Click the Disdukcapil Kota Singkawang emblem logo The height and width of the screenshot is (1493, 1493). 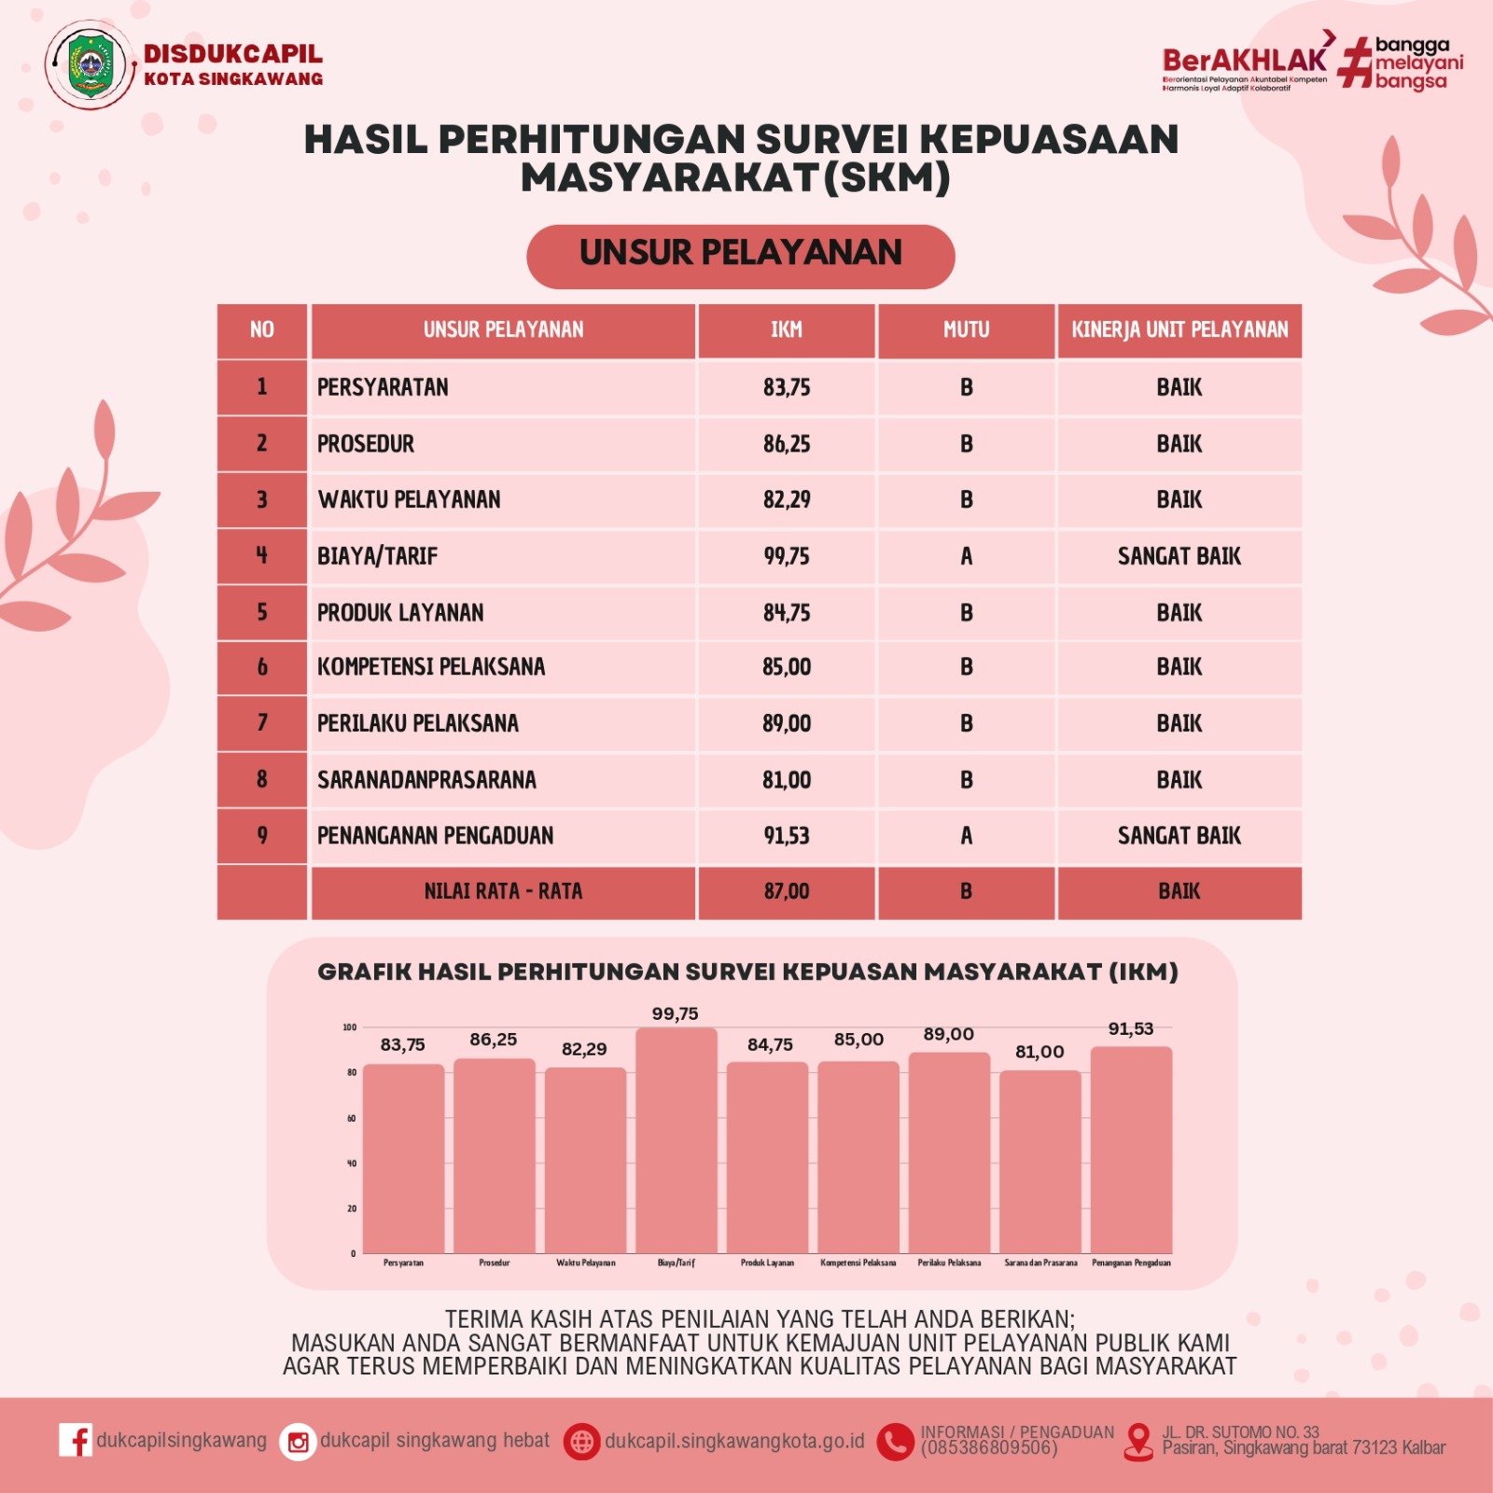click(x=91, y=65)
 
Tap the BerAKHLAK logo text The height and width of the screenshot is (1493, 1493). click(x=1244, y=60)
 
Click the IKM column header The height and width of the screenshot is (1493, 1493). click(x=786, y=330)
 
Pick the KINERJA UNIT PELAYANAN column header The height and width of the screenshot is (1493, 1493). click(x=1179, y=330)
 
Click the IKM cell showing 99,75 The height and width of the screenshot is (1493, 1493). click(x=786, y=556)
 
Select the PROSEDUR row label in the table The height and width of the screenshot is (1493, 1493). click(x=366, y=444)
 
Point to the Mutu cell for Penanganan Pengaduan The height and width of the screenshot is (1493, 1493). click(x=966, y=836)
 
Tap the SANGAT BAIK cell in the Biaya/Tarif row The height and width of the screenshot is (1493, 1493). click(x=1179, y=556)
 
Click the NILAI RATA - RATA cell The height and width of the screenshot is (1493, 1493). click(x=503, y=892)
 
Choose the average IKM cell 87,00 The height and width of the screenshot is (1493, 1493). click(x=786, y=892)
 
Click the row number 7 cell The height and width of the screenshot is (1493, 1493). click(x=262, y=723)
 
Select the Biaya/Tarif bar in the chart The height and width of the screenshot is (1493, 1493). click(x=676, y=1140)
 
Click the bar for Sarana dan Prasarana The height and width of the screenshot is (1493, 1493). click(x=1040, y=1162)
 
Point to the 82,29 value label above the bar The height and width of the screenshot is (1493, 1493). click(x=584, y=1050)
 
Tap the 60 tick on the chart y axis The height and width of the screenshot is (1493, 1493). click(x=351, y=1118)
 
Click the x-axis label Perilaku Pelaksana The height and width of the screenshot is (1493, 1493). click(x=949, y=1263)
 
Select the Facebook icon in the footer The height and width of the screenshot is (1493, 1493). click(x=75, y=1440)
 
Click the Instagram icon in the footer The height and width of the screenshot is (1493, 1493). click(x=298, y=1443)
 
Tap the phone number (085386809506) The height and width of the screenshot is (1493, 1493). click(x=988, y=1448)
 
